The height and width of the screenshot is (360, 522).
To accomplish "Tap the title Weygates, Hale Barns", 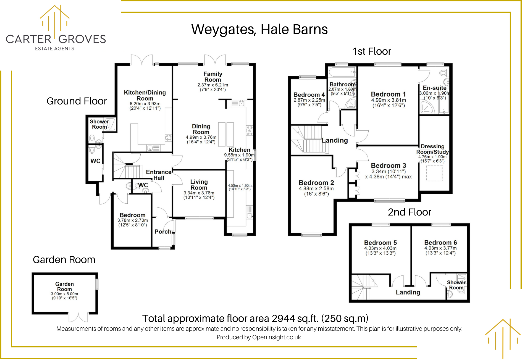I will (x=259, y=29).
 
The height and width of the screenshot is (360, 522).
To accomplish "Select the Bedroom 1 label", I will (x=388, y=94).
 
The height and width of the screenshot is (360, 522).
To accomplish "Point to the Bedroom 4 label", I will (x=309, y=95).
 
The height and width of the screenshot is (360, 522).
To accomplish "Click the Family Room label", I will (x=213, y=77).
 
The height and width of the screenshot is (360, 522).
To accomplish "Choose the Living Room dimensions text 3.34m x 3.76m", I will (x=199, y=193).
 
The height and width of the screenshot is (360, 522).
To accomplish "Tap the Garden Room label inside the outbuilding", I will (x=64, y=286).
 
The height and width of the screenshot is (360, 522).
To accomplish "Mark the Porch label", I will (x=163, y=232).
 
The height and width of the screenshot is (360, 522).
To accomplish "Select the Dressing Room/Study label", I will (x=432, y=149).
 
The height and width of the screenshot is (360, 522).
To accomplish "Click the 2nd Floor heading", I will (x=409, y=212).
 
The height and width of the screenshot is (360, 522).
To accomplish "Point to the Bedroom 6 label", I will (x=440, y=242).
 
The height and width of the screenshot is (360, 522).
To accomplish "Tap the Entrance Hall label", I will (x=159, y=175).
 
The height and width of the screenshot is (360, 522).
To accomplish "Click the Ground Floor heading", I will (x=77, y=101).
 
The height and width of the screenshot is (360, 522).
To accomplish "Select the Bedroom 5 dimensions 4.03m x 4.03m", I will (x=380, y=248).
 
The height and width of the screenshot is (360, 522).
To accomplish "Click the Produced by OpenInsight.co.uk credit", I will (x=259, y=337).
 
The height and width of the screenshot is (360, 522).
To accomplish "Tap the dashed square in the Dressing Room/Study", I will (x=434, y=173).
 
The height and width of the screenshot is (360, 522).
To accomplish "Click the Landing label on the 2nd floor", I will (x=408, y=292).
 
